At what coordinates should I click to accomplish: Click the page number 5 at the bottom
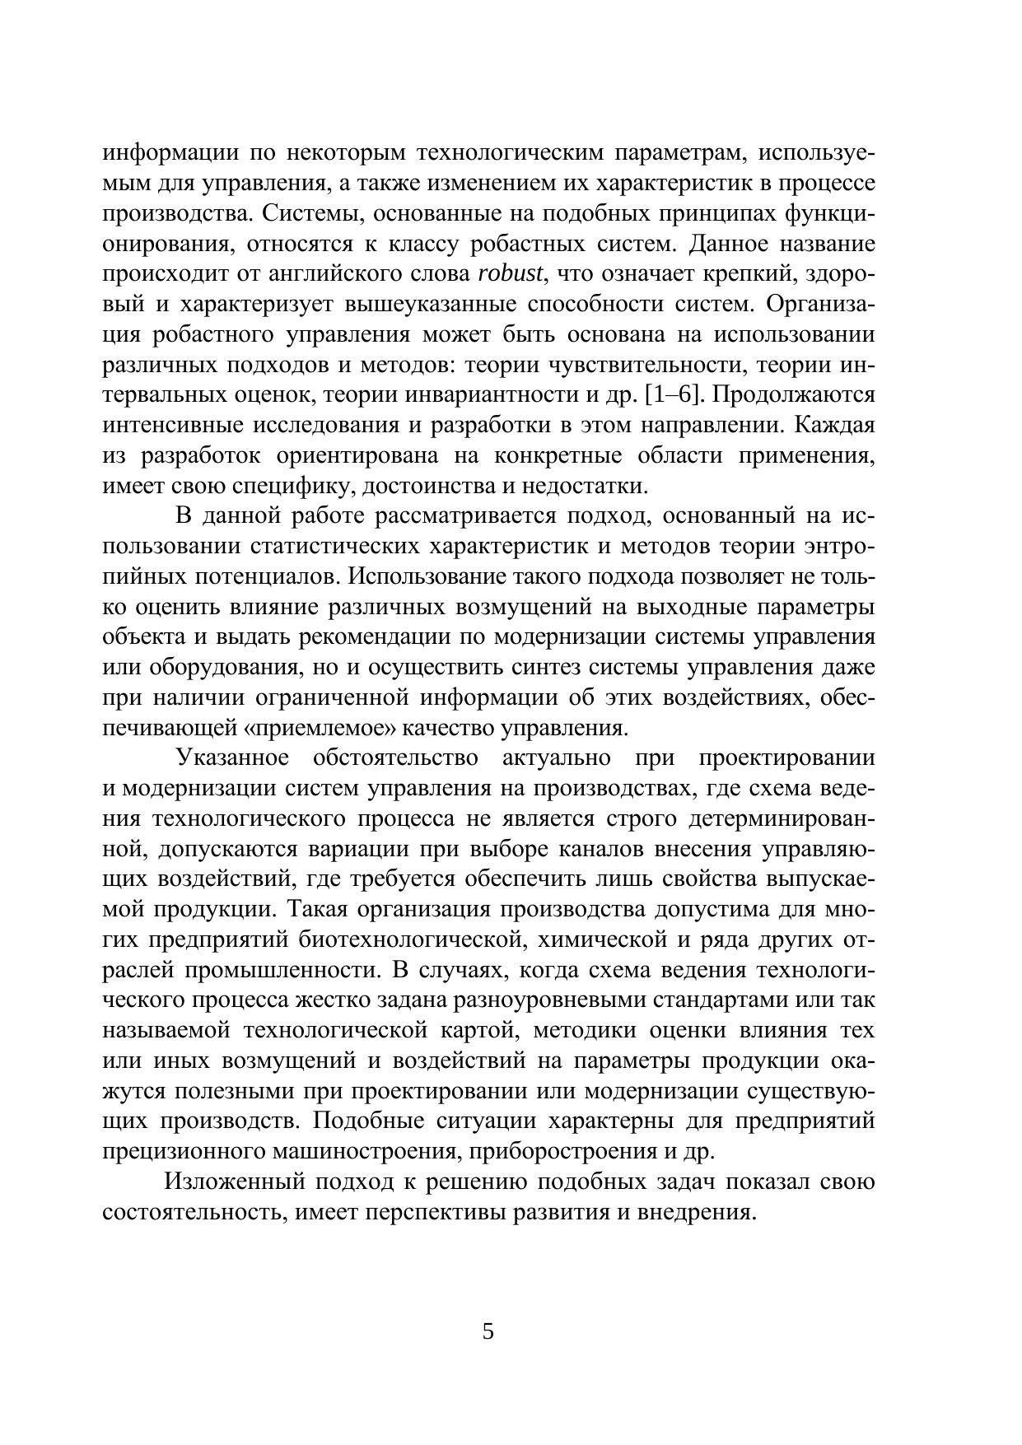coord(488,1331)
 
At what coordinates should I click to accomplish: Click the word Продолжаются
coord(792,395)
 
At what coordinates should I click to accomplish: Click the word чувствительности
coord(648,365)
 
